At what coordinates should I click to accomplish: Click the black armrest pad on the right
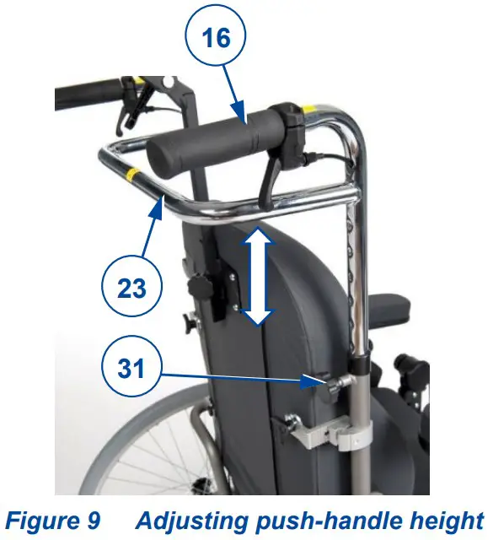click(x=396, y=305)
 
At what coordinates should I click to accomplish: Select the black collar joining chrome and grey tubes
click(x=360, y=365)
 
